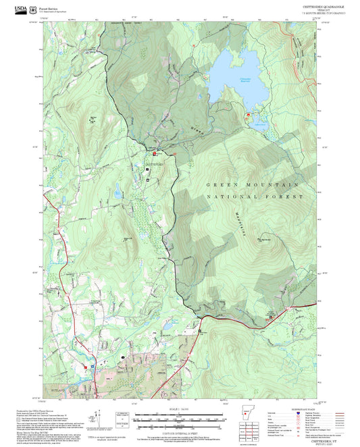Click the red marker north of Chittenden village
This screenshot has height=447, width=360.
click(x=175, y=154)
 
